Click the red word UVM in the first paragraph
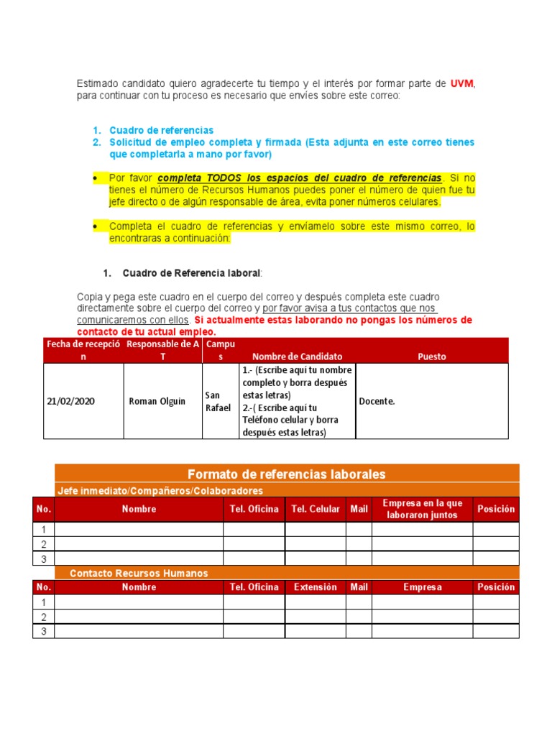point(462,84)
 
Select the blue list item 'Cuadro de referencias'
point(161,130)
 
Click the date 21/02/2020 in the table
point(70,401)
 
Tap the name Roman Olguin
point(157,401)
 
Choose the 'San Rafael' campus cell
point(218,401)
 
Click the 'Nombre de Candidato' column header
point(297,356)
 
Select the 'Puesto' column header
point(431,356)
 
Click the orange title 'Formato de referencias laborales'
point(286,474)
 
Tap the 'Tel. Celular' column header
point(315,509)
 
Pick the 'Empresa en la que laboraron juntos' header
point(422,509)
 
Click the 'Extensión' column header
point(315,587)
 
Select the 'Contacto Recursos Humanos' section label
point(139,573)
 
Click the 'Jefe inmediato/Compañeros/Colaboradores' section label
point(160,491)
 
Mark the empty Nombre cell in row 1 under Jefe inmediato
point(139,529)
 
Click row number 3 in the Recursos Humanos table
point(43,631)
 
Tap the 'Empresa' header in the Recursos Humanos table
point(422,587)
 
